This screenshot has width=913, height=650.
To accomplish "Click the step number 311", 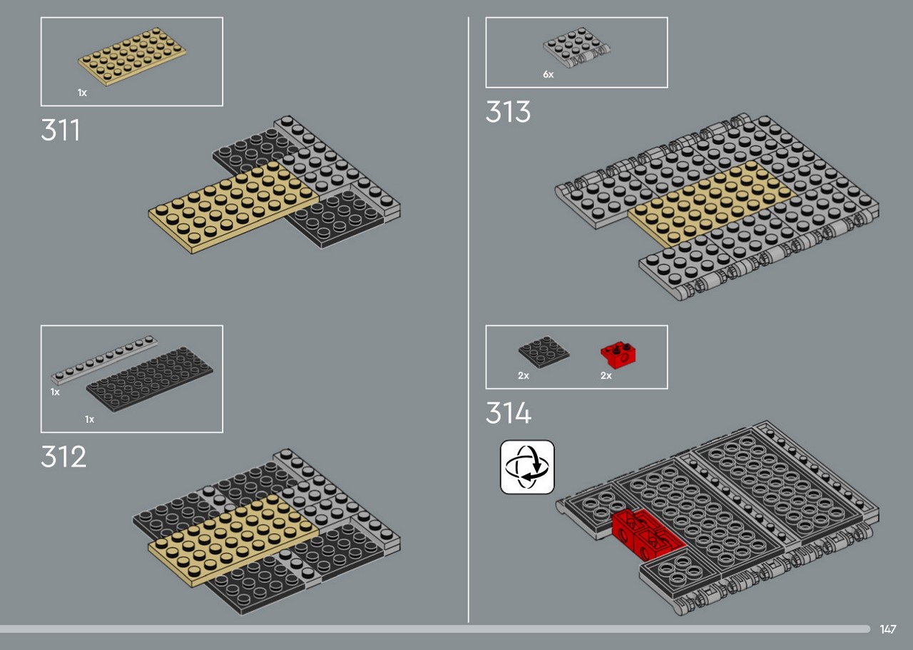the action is click(x=61, y=130).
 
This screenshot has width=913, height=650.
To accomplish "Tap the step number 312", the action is click(x=63, y=456).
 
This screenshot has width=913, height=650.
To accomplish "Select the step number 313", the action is click(x=508, y=111).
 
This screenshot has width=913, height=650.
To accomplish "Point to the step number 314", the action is click(x=509, y=412).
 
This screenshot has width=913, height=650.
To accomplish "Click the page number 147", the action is click(x=888, y=629).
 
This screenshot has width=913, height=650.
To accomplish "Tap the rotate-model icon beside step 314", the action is click(x=527, y=467).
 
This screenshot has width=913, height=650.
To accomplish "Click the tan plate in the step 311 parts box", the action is click(x=132, y=56).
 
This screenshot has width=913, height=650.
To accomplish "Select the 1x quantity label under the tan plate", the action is click(x=82, y=93).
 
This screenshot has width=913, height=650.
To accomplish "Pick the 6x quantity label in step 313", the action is click(x=549, y=74).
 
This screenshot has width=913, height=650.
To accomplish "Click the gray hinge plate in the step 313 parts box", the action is click(x=576, y=48).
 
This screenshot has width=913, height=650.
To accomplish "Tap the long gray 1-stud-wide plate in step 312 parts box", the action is click(x=104, y=360).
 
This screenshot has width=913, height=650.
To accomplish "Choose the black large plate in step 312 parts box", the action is click(x=149, y=380).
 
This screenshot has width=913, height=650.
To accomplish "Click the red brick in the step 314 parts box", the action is click(x=618, y=355).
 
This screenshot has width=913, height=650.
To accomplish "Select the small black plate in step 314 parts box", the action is click(x=544, y=352).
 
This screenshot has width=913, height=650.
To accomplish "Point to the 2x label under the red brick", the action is click(x=606, y=375).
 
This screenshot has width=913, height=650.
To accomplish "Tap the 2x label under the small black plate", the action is click(x=524, y=375).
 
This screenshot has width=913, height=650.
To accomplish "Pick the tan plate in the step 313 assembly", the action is click(x=711, y=203).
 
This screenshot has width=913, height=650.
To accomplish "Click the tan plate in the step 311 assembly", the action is click(x=233, y=207).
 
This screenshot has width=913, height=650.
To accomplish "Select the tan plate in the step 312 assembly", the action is click(x=233, y=540).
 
